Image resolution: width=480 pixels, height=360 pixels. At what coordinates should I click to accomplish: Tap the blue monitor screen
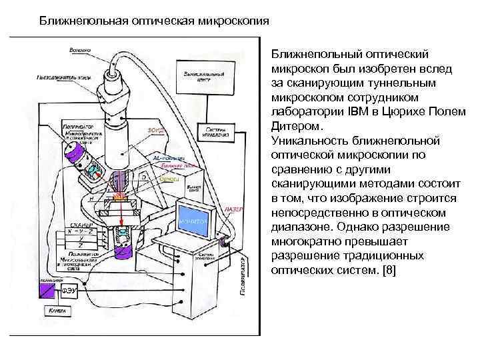193,221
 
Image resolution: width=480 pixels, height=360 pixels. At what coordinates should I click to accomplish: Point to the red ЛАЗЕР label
237,209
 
